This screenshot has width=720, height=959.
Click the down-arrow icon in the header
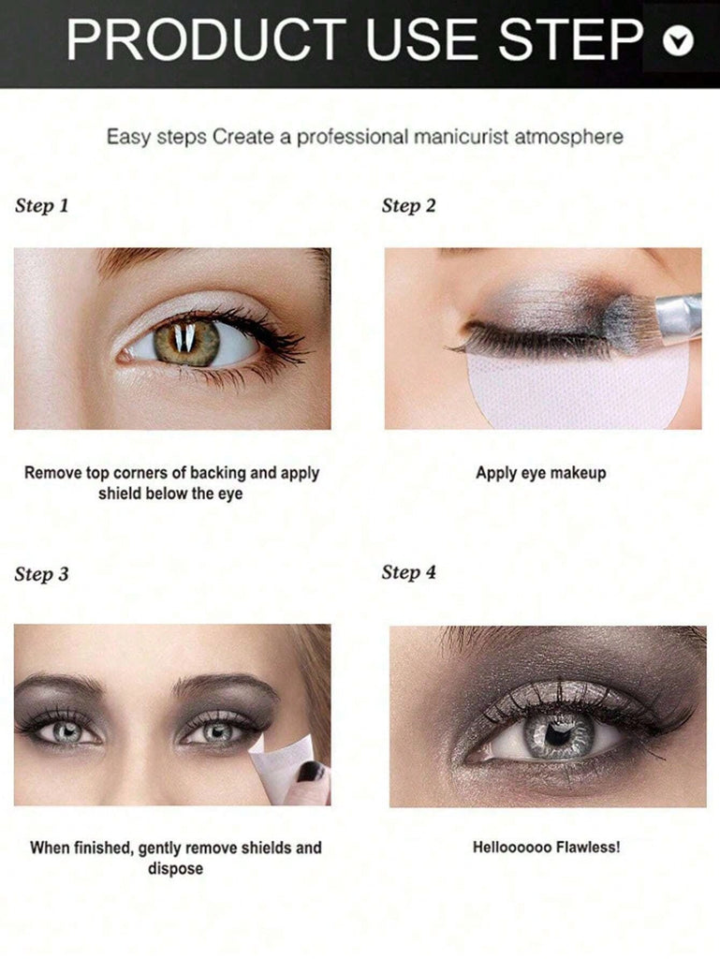pyautogui.click(x=678, y=41)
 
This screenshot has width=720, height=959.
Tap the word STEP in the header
pyautogui.click(x=570, y=39)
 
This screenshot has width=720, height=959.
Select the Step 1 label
pyautogui.click(x=41, y=206)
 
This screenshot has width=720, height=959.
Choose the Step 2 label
pyautogui.click(x=409, y=206)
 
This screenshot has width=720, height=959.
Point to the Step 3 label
pyautogui.click(x=41, y=574)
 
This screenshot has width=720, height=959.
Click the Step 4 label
pyautogui.click(x=409, y=573)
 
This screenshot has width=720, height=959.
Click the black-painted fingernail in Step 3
pyautogui.click(x=312, y=772)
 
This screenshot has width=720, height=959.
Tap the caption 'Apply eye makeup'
pyautogui.click(x=541, y=473)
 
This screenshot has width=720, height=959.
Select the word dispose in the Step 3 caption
pyautogui.click(x=175, y=869)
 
